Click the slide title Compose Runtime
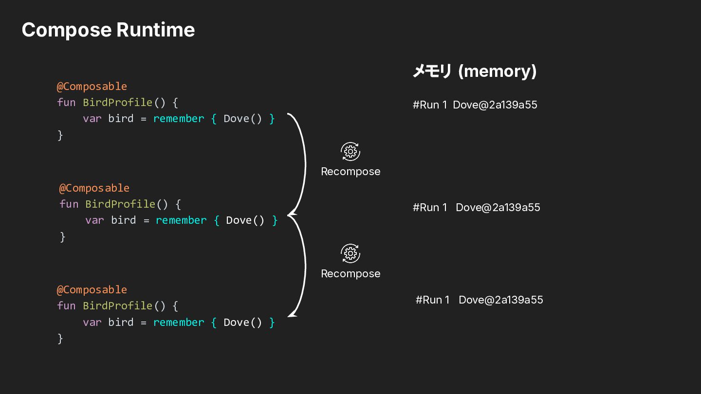pyautogui.click(x=108, y=30)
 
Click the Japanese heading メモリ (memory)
pyautogui.click(x=475, y=72)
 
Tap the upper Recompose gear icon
pyautogui.click(x=350, y=152)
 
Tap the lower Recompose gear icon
pyautogui.click(x=350, y=253)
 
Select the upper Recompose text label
pyautogui.click(x=350, y=172)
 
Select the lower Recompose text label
pyautogui.click(x=350, y=274)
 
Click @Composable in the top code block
pyautogui.click(x=92, y=86)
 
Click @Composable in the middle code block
pyautogui.click(x=94, y=188)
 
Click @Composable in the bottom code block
pyautogui.click(x=92, y=289)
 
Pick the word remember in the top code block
pyautogui.click(x=179, y=119)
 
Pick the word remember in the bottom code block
pyautogui.click(x=179, y=322)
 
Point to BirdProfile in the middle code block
pyautogui.click(x=121, y=204)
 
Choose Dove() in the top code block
pyautogui.click(x=242, y=119)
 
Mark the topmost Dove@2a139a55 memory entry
pyautogui.click(x=495, y=105)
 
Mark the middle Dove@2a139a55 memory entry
pyautogui.click(x=498, y=207)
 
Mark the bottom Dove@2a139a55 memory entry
pyautogui.click(x=501, y=300)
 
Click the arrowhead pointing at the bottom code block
pyautogui.click(x=291, y=315)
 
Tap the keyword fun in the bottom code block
pyautogui.click(x=66, y=306)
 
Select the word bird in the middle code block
pyautogui.click(x=124, y=220)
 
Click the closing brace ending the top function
pyautogui.click(x=60, y=135)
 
